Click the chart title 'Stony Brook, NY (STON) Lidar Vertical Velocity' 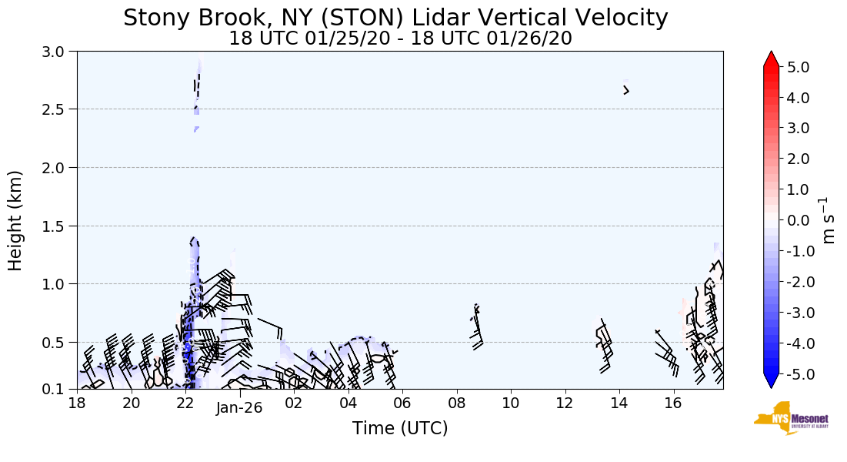click(395, 17)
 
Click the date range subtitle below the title click(400, 38)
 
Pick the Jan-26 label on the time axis click(239, 409)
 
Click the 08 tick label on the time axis click(457, 403)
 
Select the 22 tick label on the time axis click(185, 403)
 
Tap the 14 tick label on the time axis click(619, 403)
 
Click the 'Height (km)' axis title click(15, 220)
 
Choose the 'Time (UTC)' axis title click(400, 428)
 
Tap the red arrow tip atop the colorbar click(772, 59)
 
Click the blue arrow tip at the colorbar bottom click(772, 382)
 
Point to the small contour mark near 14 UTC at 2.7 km click(626, 90)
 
